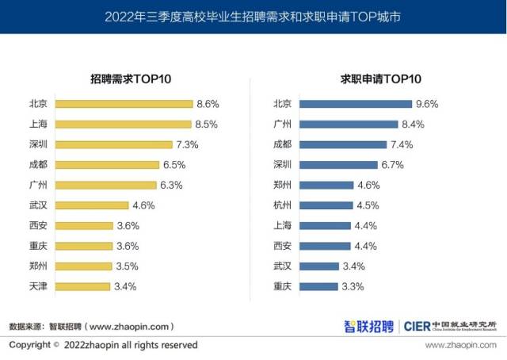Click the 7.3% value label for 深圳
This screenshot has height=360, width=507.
click(x=188, y=144)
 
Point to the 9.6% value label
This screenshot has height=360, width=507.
click(x=426, y=104)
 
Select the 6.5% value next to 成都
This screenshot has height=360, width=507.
click(x=174, y=165)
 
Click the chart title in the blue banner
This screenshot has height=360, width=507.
click(x=253, y=16)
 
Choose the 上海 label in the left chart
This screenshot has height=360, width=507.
click(x=37, y=124)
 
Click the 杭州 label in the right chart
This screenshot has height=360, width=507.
click(x=282, y=205)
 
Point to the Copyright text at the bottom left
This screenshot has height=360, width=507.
click(x=103, y=346)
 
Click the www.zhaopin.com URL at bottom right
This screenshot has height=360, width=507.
click(x=461, y=346)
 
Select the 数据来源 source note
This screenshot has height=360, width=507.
click(x=91, y=326)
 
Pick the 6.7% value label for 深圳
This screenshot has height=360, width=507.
click(x=393, y=165)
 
